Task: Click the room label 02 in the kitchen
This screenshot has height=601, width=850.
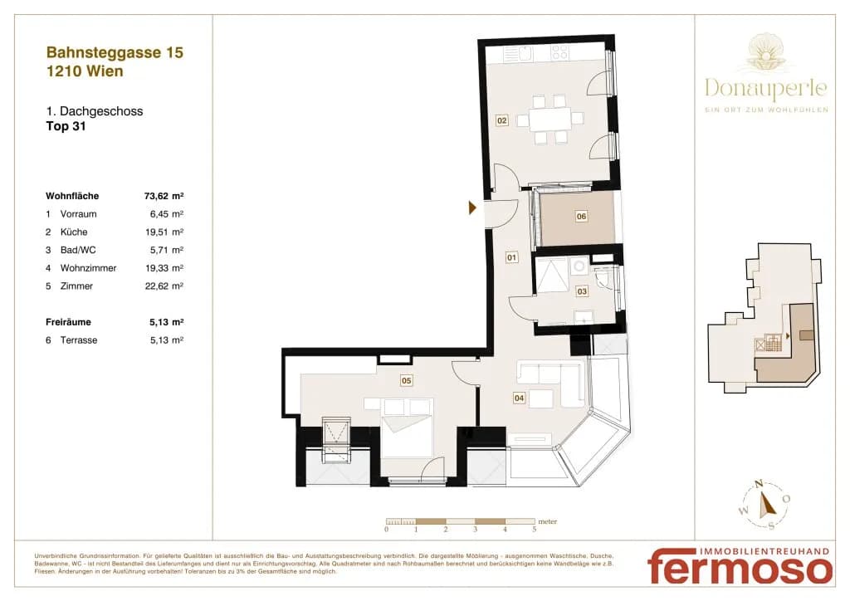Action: pos(502,120)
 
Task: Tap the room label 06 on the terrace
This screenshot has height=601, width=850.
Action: pos(581,216)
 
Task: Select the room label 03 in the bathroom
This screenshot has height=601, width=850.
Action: pos(582,291)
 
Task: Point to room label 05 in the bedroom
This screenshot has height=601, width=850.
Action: pos(406,380)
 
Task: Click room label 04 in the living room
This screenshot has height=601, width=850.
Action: pos(519,398)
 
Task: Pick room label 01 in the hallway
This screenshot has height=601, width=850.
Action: pos(511,257)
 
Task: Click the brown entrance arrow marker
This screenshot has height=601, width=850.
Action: pos(472,207)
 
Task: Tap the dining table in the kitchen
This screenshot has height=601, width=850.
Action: pos(550,119)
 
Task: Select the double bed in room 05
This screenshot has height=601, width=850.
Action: pos(406,428)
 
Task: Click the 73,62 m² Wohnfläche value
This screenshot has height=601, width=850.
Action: pos(164,196)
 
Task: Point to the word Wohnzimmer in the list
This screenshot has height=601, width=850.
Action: pos(88,268)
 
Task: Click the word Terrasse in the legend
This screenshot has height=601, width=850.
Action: pos(79,340)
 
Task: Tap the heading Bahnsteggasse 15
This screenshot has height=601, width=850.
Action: pos(115,52)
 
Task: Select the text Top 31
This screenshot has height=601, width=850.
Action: pos(66,126)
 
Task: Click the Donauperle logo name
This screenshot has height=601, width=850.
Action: pos(766,88)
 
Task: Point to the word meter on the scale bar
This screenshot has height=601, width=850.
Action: pos(548,521)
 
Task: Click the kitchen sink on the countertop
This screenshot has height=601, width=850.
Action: pos(525,52)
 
